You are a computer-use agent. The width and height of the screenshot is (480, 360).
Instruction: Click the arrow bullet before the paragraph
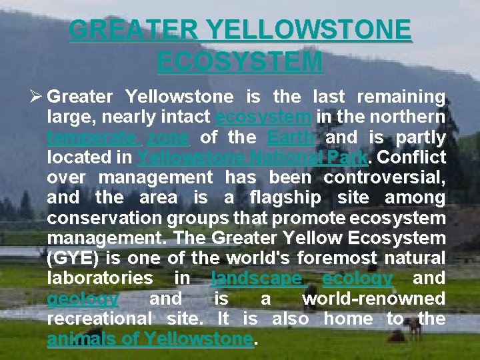coord(36,97)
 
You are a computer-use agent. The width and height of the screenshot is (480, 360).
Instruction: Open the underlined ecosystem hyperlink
coord(263,117)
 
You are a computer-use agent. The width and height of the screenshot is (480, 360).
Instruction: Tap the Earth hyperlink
coord(291,138)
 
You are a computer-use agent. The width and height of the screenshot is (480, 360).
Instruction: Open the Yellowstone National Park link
coord(252,158)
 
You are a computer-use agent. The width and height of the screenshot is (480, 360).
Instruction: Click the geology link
coord(83,299)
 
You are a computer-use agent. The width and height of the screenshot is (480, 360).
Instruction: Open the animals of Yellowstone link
coord(150,339)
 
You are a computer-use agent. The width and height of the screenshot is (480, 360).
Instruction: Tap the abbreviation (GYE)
coord(75,258)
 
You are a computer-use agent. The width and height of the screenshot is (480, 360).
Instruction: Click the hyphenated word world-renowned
coord(373,299)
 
